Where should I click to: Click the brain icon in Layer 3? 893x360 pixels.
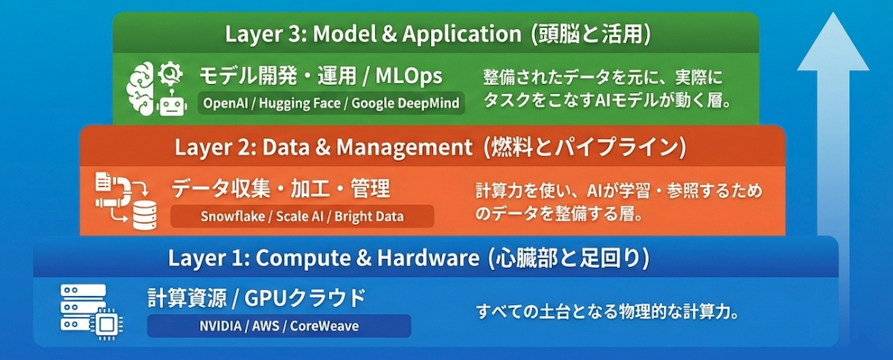click(140, 89)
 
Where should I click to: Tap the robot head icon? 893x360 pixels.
click(172, 104)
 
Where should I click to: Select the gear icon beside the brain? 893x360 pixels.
click(170, 74)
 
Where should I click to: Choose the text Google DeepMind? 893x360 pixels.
click(406, 103)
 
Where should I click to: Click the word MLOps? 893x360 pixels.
click(409, 76)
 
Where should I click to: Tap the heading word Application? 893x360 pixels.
click(461, 34)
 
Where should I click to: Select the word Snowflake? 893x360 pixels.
click(233, 216)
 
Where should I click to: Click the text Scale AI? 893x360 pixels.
click(300, 216)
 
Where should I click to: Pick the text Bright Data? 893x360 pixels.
click(369, 216)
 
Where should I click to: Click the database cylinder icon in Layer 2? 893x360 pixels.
click(144, 215)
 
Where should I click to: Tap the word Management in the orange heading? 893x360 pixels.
click(405, 147)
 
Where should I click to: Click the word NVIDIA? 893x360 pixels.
click(220, 326)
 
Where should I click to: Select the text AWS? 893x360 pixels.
click(266, 326)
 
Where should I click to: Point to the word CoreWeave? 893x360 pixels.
click(324, 326)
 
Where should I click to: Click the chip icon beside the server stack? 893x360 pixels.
click(106, 324)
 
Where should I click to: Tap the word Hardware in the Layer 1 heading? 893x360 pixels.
click(428, 258)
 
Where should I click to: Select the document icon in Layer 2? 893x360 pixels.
click(103, 181)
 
